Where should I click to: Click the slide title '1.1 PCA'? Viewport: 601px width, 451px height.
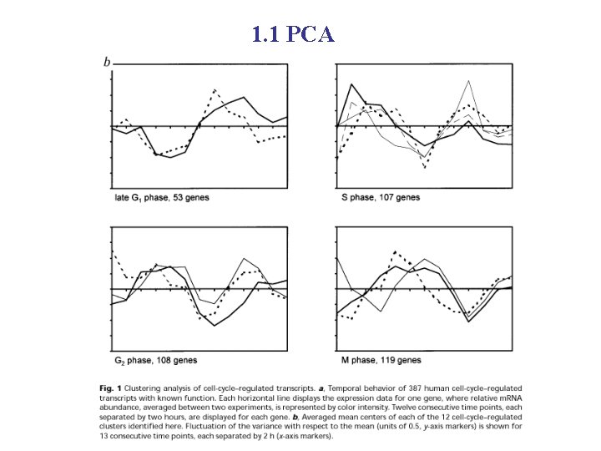pyautogui.click(x=293, y=34)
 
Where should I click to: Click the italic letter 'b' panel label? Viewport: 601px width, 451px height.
pyautogui.click(x=107, y=62)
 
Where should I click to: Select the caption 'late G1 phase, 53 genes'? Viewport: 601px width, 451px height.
pyautogui.click(x=161, y=198)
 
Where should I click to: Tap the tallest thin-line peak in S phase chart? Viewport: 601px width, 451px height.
pyautogui.click(x=470, y=81)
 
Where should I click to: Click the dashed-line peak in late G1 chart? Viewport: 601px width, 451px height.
pyautogui.click(x=215, y=89)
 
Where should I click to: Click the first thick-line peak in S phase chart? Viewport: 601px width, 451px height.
pyautogui.click(x=352, y=84)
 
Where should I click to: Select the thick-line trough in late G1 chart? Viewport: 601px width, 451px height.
pyautogui.click(x=170, y=157)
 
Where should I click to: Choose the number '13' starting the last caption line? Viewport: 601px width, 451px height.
pyautogui.click(x=104, y=436)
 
